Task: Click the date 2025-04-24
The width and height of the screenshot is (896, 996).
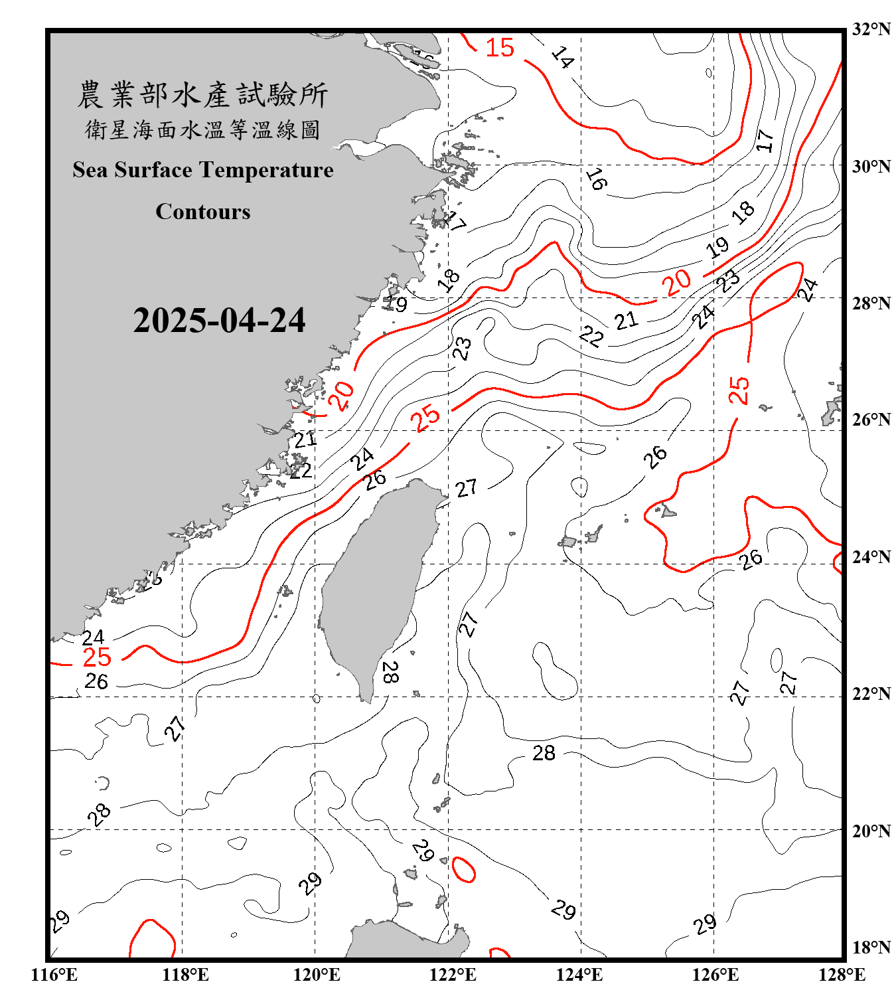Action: pos(219,321)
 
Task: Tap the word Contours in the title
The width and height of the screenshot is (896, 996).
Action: pos(203,212)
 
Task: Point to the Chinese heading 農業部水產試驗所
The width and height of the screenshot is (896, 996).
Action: pos(202,95)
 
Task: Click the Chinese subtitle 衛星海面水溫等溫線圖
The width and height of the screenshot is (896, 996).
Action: pos(202,129)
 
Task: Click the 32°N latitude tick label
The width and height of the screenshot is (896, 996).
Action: pos(871,29)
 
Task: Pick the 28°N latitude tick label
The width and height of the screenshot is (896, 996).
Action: pos(871,303)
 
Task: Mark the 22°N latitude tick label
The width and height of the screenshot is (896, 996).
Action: pos(871,694)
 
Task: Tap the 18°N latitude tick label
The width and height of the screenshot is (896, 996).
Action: pos(871,948)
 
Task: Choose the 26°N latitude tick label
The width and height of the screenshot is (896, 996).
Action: pos(871,420)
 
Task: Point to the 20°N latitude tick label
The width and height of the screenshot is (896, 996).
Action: pos(871,831)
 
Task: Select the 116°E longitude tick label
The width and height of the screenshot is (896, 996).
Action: pos(54,975)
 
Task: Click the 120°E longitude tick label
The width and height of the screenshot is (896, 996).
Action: pos(317,975)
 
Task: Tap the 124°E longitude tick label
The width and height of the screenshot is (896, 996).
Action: pos(579,975)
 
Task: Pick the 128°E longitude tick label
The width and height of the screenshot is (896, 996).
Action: pos(842,975)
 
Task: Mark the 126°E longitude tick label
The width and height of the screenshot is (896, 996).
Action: pos(715,975)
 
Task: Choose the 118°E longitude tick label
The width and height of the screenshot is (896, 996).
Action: pos(185,975)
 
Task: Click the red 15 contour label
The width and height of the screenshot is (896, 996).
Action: pos(500,48)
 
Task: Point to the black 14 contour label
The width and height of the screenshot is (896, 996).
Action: pos(562,58)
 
